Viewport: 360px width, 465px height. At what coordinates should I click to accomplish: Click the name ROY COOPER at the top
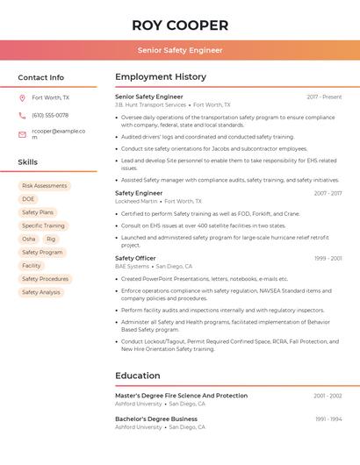click(179, 24)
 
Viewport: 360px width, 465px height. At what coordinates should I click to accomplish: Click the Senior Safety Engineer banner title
click(179, 50)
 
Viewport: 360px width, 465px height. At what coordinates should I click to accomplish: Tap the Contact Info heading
click(41, 77)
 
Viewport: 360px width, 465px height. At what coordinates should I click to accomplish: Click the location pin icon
click(22, 97)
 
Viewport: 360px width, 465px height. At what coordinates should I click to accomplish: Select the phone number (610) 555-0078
click(50, 115)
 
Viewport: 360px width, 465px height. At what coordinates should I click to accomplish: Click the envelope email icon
click(22, 134)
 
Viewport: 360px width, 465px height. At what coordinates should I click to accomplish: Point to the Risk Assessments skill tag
click(44, 186)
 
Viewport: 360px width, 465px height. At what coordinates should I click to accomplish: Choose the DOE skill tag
click(29, 199)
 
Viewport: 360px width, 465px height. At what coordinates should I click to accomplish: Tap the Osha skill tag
click(29, 239)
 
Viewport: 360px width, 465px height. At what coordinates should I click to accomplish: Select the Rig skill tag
click(51, 239)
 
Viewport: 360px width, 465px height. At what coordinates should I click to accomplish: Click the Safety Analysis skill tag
click(41, 292)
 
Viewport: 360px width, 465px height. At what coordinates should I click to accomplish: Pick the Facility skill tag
click(32, 265)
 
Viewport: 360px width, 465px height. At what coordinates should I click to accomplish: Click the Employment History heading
click(161, 77)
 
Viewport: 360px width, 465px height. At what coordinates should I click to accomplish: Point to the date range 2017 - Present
click(324, 97)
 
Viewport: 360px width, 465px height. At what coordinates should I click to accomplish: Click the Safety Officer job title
click(135, 258)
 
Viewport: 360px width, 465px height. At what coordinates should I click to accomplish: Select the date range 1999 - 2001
click(328, 258)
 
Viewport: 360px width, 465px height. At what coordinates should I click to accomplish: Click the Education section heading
click(138, 376)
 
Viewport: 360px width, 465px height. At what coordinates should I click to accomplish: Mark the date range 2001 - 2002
click(328, 396)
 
